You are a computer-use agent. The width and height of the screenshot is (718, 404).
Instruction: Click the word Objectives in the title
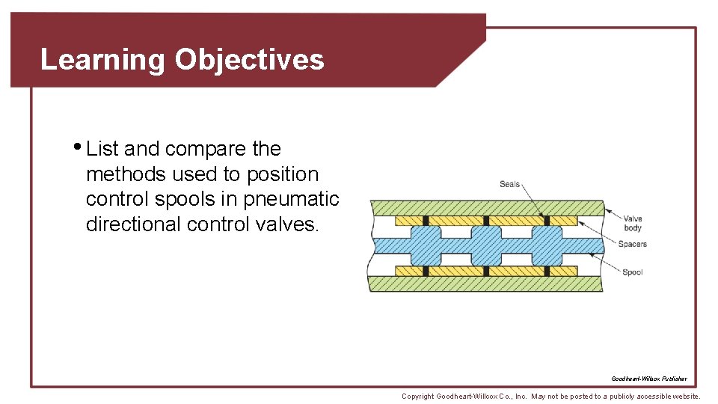click(250, 60)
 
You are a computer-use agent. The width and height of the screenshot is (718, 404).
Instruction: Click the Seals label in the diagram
click(509, 184)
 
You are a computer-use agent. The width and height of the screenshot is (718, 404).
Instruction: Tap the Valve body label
click(632, 223)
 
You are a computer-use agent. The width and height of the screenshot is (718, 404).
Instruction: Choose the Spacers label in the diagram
click(632, 244)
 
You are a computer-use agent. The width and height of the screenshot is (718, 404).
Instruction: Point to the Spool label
click(632, 272)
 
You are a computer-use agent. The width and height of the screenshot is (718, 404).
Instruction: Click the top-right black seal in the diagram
click(547, 221)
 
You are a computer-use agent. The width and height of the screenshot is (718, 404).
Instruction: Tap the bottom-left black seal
click(425, 271)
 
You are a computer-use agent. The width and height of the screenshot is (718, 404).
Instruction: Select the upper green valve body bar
click(486, 207)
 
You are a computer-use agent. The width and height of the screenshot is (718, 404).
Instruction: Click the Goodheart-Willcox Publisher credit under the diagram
click(648, 379)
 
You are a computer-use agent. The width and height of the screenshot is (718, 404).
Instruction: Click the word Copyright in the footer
click(417, 396)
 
